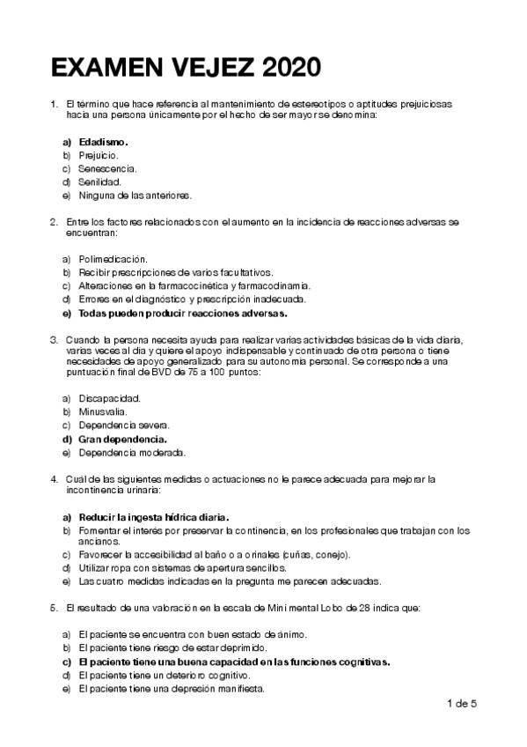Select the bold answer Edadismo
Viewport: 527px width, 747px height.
(103, 141)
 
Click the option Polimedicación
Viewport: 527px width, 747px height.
(112, 259)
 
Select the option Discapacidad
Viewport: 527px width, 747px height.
(109, 398)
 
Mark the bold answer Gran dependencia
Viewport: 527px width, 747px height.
(122, 439)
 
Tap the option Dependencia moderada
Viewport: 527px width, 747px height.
(131, 452)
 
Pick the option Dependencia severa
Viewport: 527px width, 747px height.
(123, 425)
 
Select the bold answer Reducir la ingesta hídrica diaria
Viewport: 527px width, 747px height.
(154, 517)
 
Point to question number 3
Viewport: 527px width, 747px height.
(55, 339)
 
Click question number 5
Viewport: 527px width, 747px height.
(55, 608)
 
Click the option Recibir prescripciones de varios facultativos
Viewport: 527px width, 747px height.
(176, 272)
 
